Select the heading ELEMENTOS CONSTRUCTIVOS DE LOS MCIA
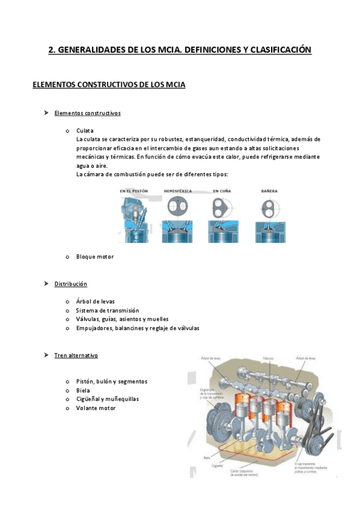pyautogui.click(x=109, y=85)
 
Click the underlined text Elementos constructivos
pyautogui.click(x=87, y=113)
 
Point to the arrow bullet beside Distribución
pyautogui.click(x=46, y=283)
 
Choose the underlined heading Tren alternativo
pyautogui.click(x=76, y=355)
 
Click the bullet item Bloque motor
pyautogui.click(x=95, y=257)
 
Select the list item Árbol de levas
pyautogui.click(x=96, y=301)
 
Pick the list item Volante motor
pyautogui.click(x=96, y=408)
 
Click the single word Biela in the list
pyautogui.click(x=83, y=390)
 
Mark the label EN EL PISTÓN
pyautogui.click(x=134, y=191)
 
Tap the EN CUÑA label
pyautogui.click(x=222, y=191)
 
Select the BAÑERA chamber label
pyautogui.click(x=269, y=191)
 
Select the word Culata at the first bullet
pyautogui.click(x=85, y=130)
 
